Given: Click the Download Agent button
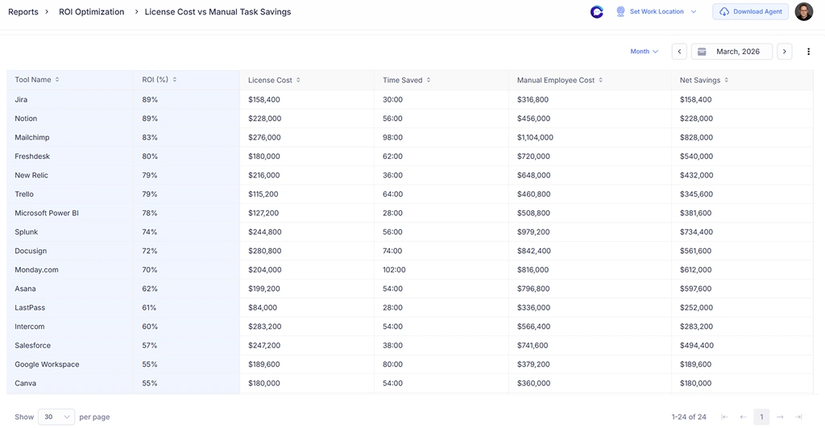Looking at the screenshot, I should click(x=750, y=12).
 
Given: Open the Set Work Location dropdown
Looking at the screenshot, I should click(x=656, y=12).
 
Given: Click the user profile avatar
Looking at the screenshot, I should click(x=803, y=12).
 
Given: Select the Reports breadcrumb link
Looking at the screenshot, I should click(x=23, y=12).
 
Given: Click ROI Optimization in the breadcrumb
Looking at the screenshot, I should click(x=92, y=12).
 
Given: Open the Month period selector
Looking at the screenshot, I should click(x=644, y=52).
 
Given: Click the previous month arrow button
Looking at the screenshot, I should click(x=679, y=52).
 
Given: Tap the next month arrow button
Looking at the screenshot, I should click(x=785, y=52).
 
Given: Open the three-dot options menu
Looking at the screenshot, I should click(x=809, y=52).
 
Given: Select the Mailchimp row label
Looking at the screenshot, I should click(x=31, y=138).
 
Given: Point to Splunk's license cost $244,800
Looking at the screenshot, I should click(x=264, y=232).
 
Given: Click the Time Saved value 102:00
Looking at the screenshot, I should click(x=394, y=270).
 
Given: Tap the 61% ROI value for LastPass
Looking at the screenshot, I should click(x=150, y=308).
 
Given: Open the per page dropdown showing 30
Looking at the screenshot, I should click(x=56, y=417).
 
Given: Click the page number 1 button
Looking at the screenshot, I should click(x=761, y=417).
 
